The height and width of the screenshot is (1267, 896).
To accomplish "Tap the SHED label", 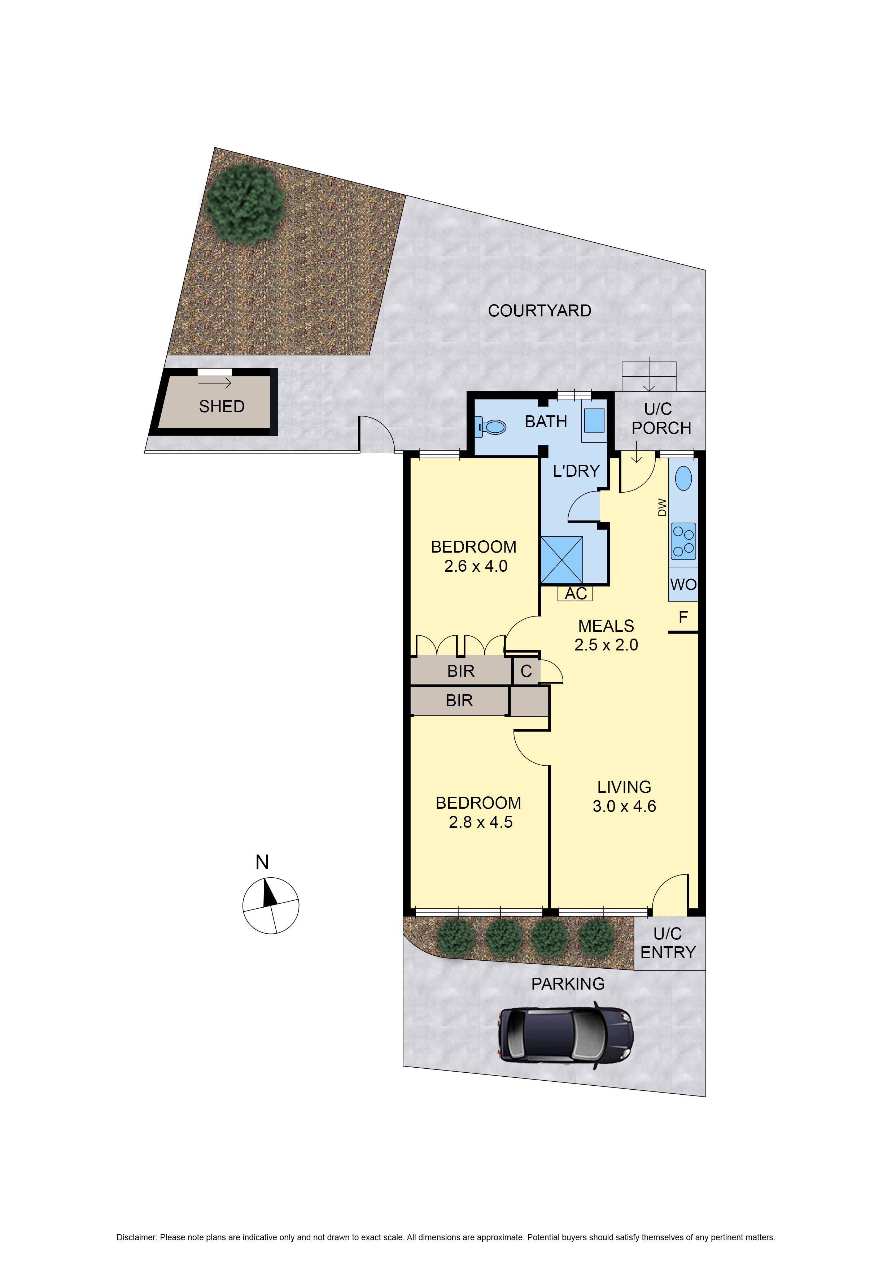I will coord(222,406).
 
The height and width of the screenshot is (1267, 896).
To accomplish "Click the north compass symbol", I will coord(270,906).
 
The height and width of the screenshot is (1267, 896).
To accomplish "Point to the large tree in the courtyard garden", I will coord(244,203).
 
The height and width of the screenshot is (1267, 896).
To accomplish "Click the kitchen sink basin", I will coord(683,478).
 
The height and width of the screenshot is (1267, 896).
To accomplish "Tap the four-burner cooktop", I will coord(683,541).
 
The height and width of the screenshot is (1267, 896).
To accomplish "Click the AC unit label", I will coord(576,593).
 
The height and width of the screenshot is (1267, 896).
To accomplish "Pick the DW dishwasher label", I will coord(662,507).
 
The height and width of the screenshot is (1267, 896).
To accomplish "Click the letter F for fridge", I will coord(683,617).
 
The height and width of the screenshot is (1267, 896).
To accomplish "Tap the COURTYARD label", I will coord(539,311).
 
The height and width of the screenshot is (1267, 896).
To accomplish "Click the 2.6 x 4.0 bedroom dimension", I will coord(476,566).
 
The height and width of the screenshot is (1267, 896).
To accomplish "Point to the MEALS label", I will coord(606,626).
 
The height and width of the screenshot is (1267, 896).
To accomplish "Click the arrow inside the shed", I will coord(215,383).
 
